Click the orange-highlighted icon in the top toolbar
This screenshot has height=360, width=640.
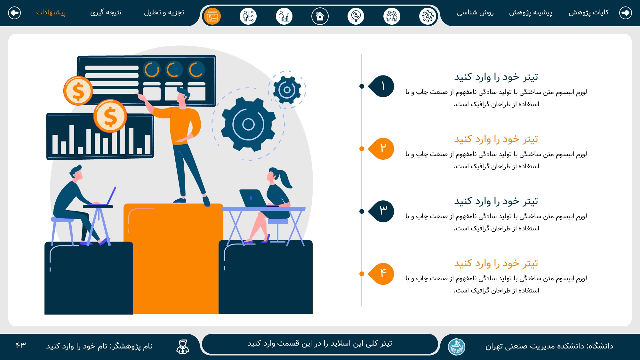212,16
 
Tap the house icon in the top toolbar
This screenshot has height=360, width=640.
320,16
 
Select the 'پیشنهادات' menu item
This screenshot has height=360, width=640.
51,12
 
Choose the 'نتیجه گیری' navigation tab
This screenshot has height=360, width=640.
106,12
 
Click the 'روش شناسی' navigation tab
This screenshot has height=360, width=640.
475,12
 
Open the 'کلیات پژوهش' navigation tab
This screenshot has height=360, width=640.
589,12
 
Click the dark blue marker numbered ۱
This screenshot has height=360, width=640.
381,86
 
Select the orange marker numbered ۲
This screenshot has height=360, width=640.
381,148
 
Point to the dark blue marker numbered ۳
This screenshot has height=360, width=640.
381,211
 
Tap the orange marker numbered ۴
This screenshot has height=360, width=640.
381,274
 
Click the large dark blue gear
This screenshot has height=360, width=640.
248,124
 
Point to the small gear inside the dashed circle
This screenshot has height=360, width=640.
287,90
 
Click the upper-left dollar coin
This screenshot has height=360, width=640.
78,91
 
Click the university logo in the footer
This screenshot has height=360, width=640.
457,347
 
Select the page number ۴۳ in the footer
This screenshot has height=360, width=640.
21,345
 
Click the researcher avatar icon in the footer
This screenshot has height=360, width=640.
183,347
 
